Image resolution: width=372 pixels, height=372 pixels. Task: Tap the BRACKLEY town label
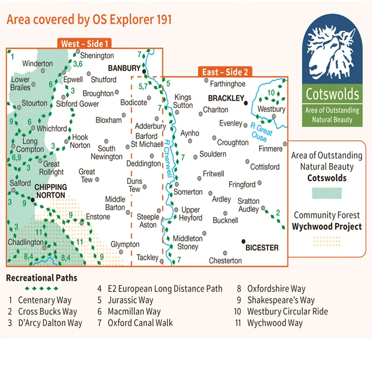226,98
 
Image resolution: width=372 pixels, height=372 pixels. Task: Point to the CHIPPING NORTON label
51,191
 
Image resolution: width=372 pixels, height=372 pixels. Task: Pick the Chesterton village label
225,261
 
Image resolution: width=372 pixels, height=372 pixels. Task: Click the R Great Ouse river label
259,132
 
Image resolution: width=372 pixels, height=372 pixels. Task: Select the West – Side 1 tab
85,44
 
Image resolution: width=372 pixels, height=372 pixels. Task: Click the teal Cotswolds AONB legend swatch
326,193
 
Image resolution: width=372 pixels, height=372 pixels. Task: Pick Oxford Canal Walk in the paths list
140,323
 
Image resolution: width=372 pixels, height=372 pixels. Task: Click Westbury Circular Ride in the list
287,312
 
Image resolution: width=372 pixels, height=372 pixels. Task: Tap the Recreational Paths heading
41,278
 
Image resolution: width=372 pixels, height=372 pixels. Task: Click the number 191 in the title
161,19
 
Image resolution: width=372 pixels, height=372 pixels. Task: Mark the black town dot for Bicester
243,241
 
